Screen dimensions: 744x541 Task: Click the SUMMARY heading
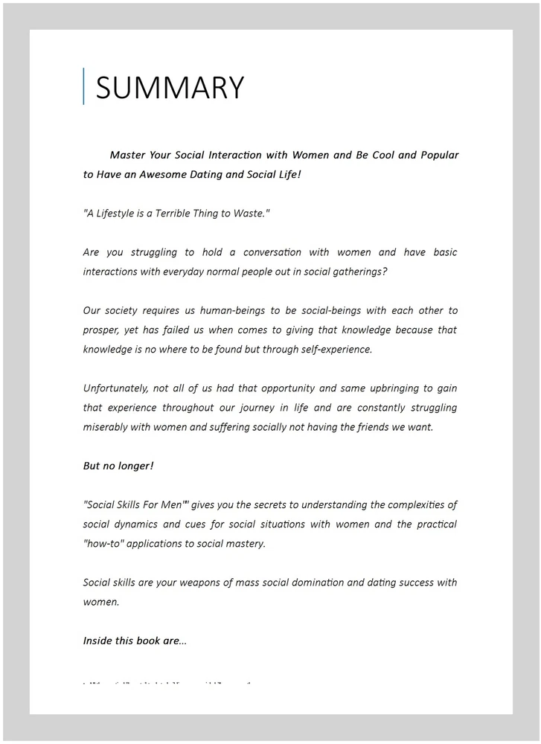tap(170, 88)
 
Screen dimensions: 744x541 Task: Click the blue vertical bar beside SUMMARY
tap(83, 86)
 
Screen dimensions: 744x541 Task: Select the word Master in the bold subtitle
tap(127, 155)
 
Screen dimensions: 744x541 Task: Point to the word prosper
tap(102, 330)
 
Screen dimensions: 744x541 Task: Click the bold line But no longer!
tap(118, 466)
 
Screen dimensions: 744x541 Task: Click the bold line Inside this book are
tap(135, 641)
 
